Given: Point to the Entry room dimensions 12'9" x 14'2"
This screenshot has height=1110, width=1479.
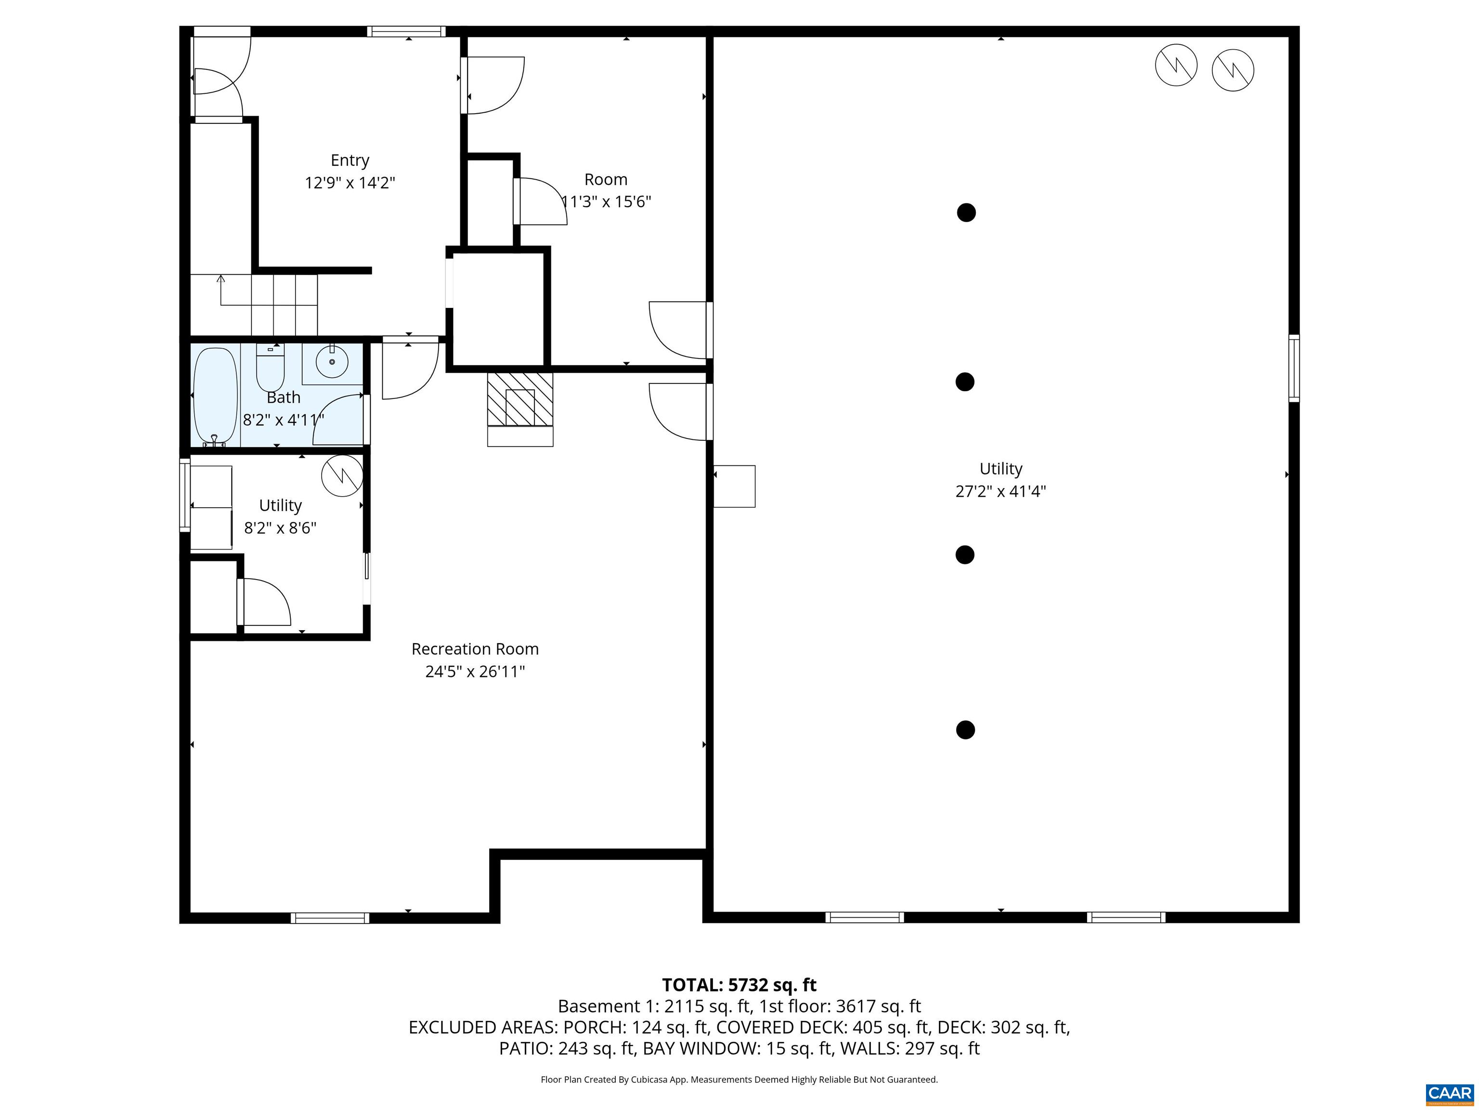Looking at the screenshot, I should click(x=350, y=183).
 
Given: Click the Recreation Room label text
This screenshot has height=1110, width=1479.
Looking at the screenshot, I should click(x=475, y=649).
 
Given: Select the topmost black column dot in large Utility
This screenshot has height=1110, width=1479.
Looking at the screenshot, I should click(x=966, y=213).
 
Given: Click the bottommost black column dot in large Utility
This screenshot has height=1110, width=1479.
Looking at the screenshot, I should click(x=965, y=730).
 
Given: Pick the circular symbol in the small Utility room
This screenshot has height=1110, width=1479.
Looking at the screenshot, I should click(x=342, y=476).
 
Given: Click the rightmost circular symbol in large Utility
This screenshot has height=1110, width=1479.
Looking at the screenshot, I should click(x=1232, y=69).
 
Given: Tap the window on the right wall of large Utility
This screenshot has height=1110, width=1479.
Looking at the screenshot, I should click(x=1294, y=369).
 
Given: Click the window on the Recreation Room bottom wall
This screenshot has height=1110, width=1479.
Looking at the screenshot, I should click(x=330, y=918).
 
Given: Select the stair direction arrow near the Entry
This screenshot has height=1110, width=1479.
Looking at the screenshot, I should click(x=221, y=278).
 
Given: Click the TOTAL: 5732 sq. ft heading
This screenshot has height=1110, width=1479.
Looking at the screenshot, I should click(x=739, y=985).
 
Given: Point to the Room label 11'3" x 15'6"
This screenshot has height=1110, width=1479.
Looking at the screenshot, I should click(x=606, y=201).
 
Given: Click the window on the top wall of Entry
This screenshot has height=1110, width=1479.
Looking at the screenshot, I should click(x=406, y=31).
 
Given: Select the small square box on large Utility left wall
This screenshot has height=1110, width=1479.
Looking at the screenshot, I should click(x=734, y=487).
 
